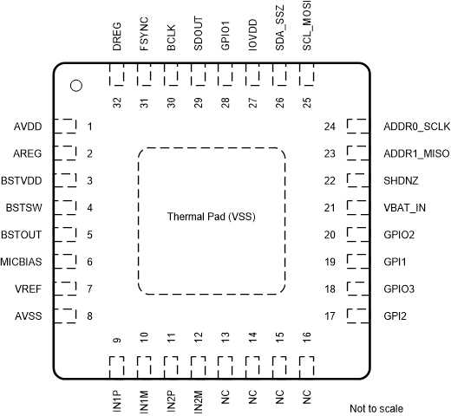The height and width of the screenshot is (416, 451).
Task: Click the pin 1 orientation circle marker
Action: tap(75, 85)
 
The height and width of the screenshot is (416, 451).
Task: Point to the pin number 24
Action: tap(330, 127)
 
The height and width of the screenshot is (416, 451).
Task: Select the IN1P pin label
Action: tap(117, 397)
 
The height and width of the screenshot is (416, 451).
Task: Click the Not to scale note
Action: tap(376, 408)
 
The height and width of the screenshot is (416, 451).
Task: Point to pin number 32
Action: tap(117, 101)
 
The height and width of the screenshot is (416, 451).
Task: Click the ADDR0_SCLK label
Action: tap(416, 127)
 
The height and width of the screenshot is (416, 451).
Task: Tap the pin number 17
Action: tap(330, 315)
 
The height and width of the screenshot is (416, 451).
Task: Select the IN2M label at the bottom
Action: tap(199, 397)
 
